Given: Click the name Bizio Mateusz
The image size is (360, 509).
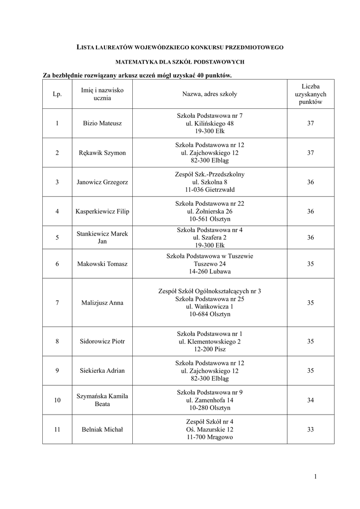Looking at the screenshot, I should pyautogui.click(x=102, y=123).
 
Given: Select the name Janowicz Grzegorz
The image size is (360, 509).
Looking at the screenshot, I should pyautogui.click(x=102, y=182).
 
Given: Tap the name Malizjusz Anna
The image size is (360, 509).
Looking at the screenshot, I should pyautogui.click(x=102, y=303).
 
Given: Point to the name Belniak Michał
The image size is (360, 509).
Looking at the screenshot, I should pyautogui.click(x=102, y=429).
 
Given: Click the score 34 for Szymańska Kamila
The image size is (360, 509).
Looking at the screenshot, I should pyautogui.click(x=310, y=400).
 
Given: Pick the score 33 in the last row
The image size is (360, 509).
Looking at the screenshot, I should pyautogui.click(x=310, y=429).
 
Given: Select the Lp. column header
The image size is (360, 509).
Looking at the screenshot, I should pyautogui.click(x=57, y=94).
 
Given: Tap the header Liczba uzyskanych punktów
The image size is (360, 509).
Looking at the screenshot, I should pyautogui.click(x=310, y=94).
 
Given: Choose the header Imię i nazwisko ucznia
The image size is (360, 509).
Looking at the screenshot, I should pyautogui.click(x=102, y=94).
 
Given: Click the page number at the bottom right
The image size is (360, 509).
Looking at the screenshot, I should pyautogui.click(x=315, y=477).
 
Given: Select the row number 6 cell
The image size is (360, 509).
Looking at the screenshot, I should pyautogui.click(x=57, y=264).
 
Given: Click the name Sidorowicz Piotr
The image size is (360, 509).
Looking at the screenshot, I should pyautogui.click(x=102, y=341).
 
